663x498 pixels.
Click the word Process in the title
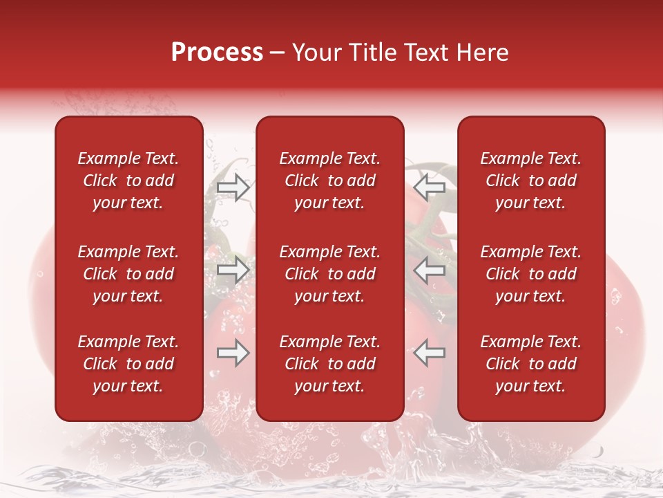click(x=217, y=53)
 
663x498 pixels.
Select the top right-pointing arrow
click(x=233, y=187)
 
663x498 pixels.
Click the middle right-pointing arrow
click(x=233, y=269)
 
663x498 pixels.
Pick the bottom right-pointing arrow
click(x=233, y=353)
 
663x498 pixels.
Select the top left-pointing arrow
click(x=430, y=187)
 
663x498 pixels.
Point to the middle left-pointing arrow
click(x=430, y=269)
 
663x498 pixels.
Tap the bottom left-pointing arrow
click(x=430, y=353)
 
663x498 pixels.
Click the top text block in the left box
click(x=128, y=181)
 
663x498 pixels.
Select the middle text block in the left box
click(x=128, y=274)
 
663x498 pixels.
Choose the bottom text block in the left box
click(x=128, y=364)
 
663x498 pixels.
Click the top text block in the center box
click(x=330, y=181)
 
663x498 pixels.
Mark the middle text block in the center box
click(x=330, y=274)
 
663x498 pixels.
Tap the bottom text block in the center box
click(x=330, y=364)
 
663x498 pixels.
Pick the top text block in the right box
click(x=531, y=181)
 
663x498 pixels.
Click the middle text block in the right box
click(x=531, y=274)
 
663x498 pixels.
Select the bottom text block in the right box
click(x=531, y=364)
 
